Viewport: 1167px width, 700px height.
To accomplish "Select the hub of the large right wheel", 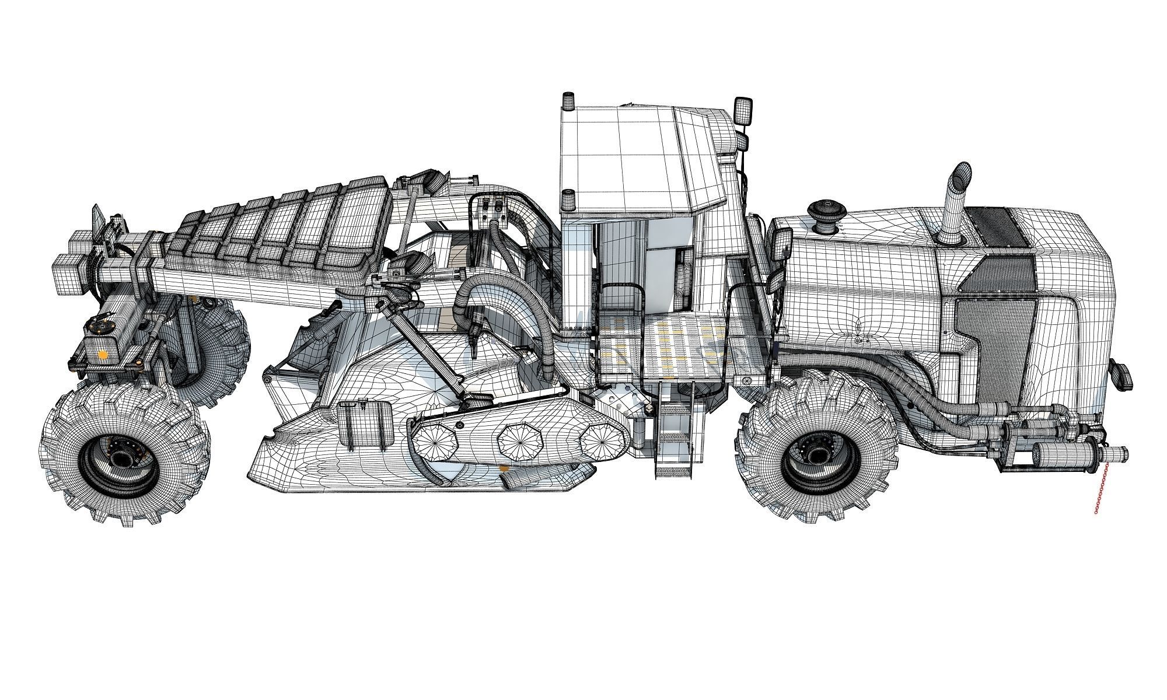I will [816, 450].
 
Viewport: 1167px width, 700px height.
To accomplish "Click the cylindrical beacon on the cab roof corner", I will [567, 104].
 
